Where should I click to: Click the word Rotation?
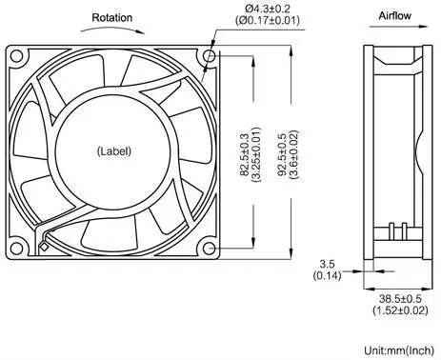tap(112, 18)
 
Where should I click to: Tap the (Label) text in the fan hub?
tap(114, 150)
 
